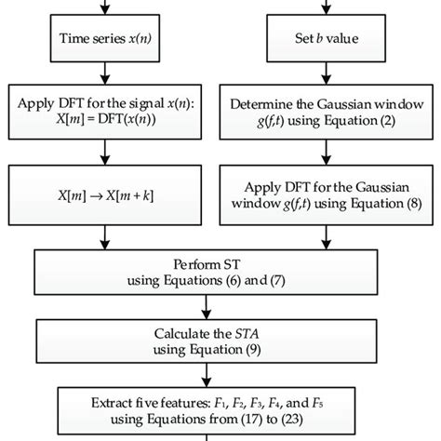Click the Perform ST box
(x=220, y=271)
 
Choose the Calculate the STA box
(x=220, y=339)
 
